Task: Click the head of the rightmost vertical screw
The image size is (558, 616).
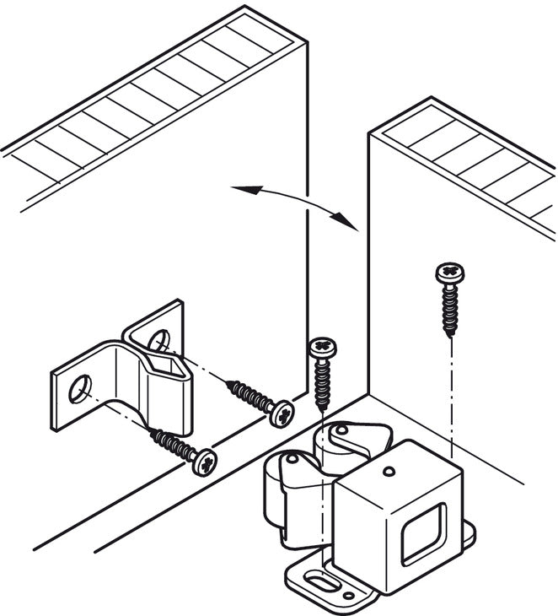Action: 450,273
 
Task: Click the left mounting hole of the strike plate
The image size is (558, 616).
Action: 79,390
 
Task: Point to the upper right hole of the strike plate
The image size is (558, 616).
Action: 158,339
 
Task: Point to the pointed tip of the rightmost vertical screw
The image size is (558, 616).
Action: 451,336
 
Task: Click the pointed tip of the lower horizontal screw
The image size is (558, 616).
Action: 153,432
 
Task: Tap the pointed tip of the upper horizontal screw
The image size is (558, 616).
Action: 227,384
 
